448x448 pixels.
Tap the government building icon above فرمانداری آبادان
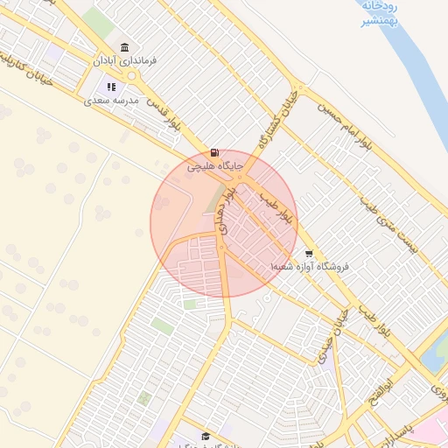(x=124, y=47)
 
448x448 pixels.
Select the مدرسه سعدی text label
(x=111, y=101)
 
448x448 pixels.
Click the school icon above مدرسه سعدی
(x=111, y=87)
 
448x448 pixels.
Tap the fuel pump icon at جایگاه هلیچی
(x=215, y=151)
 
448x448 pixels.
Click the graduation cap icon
(x=206, y=436)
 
